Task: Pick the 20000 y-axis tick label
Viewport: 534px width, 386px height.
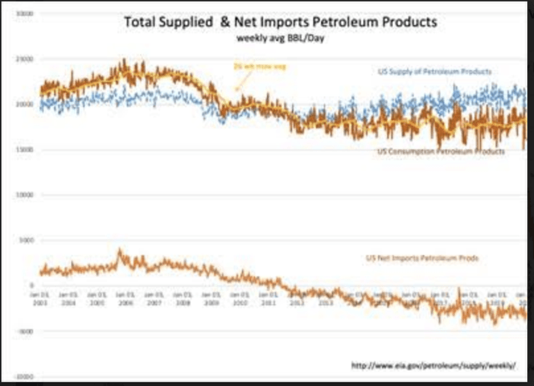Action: click(25, 105)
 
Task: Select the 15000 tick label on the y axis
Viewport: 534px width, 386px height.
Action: click(25, 150)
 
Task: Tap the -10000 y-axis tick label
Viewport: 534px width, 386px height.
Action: click(25, 376)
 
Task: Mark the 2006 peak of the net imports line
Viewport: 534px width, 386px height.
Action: click(121, 250)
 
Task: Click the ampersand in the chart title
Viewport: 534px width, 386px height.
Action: click(224, 23)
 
